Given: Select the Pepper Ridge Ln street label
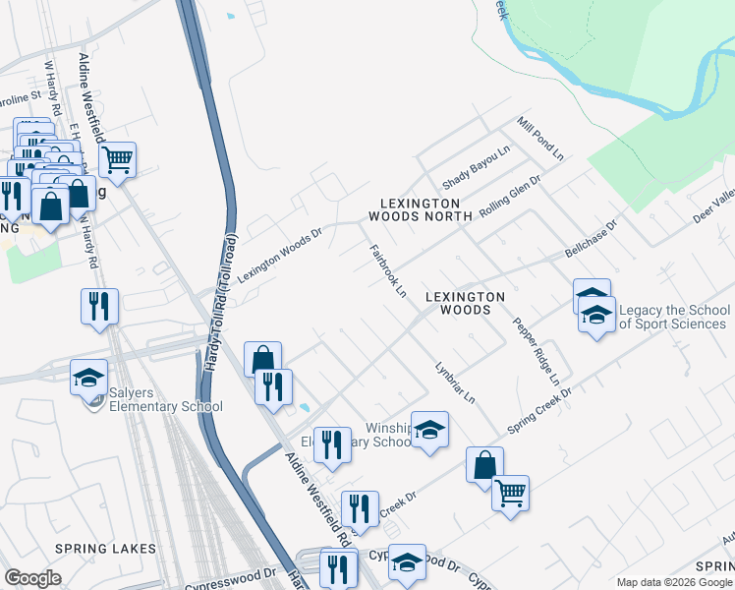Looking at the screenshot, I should pyautogui.click(x=537, y=350).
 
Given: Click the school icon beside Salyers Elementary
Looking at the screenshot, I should pyautogui.click(x=89, y=377).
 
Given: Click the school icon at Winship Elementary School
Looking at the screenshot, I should pyautogui.click(x=429, y=430).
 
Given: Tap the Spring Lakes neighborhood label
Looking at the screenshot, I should pyautogui.click(x=105, y=548).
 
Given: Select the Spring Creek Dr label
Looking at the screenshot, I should pyautogui.click(x=538, y=406).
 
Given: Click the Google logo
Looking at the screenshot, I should pyautogui.click(x=32, y=578).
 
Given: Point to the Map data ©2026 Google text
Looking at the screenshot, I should pyautogui.click(x=674, y=582).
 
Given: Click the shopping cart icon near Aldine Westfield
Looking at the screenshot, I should pyautogui.click(x=118, y=159).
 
